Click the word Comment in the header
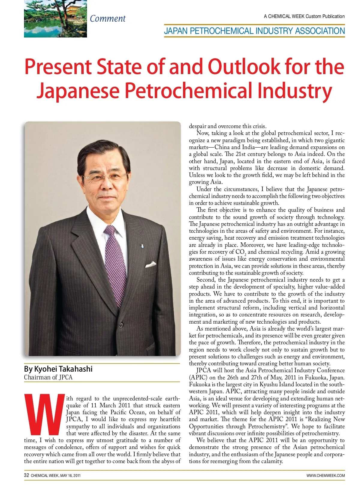108,19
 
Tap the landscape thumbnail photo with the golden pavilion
55,19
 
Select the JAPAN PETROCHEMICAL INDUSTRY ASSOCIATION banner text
254,31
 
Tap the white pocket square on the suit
151,265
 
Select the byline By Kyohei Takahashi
58,369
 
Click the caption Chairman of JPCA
48,377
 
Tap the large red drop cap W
44,415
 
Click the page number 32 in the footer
26,475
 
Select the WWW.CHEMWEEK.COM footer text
325,475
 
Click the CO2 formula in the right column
241,252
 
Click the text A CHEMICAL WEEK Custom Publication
304,16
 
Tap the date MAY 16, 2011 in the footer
70,475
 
